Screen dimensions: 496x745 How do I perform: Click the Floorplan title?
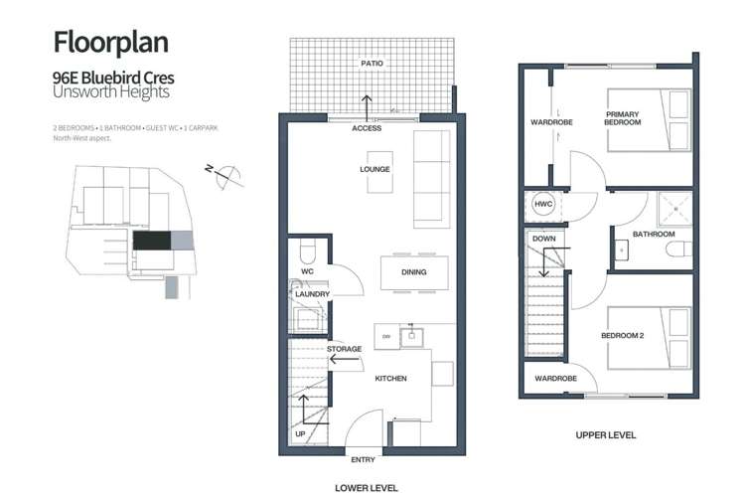109,42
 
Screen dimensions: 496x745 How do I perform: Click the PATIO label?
372,63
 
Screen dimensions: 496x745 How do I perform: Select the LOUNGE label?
374,169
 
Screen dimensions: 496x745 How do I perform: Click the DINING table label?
413,272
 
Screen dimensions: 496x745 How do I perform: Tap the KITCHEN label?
390,378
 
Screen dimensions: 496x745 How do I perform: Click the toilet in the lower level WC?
305,248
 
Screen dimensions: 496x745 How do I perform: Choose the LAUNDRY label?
312,294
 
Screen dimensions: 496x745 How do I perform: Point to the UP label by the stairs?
300,434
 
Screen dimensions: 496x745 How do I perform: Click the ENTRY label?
363,460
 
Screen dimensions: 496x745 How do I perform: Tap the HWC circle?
543,204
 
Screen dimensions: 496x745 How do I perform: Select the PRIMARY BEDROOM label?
623,118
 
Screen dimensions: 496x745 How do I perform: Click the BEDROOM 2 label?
623,335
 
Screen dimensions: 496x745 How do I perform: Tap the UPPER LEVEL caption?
606,434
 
